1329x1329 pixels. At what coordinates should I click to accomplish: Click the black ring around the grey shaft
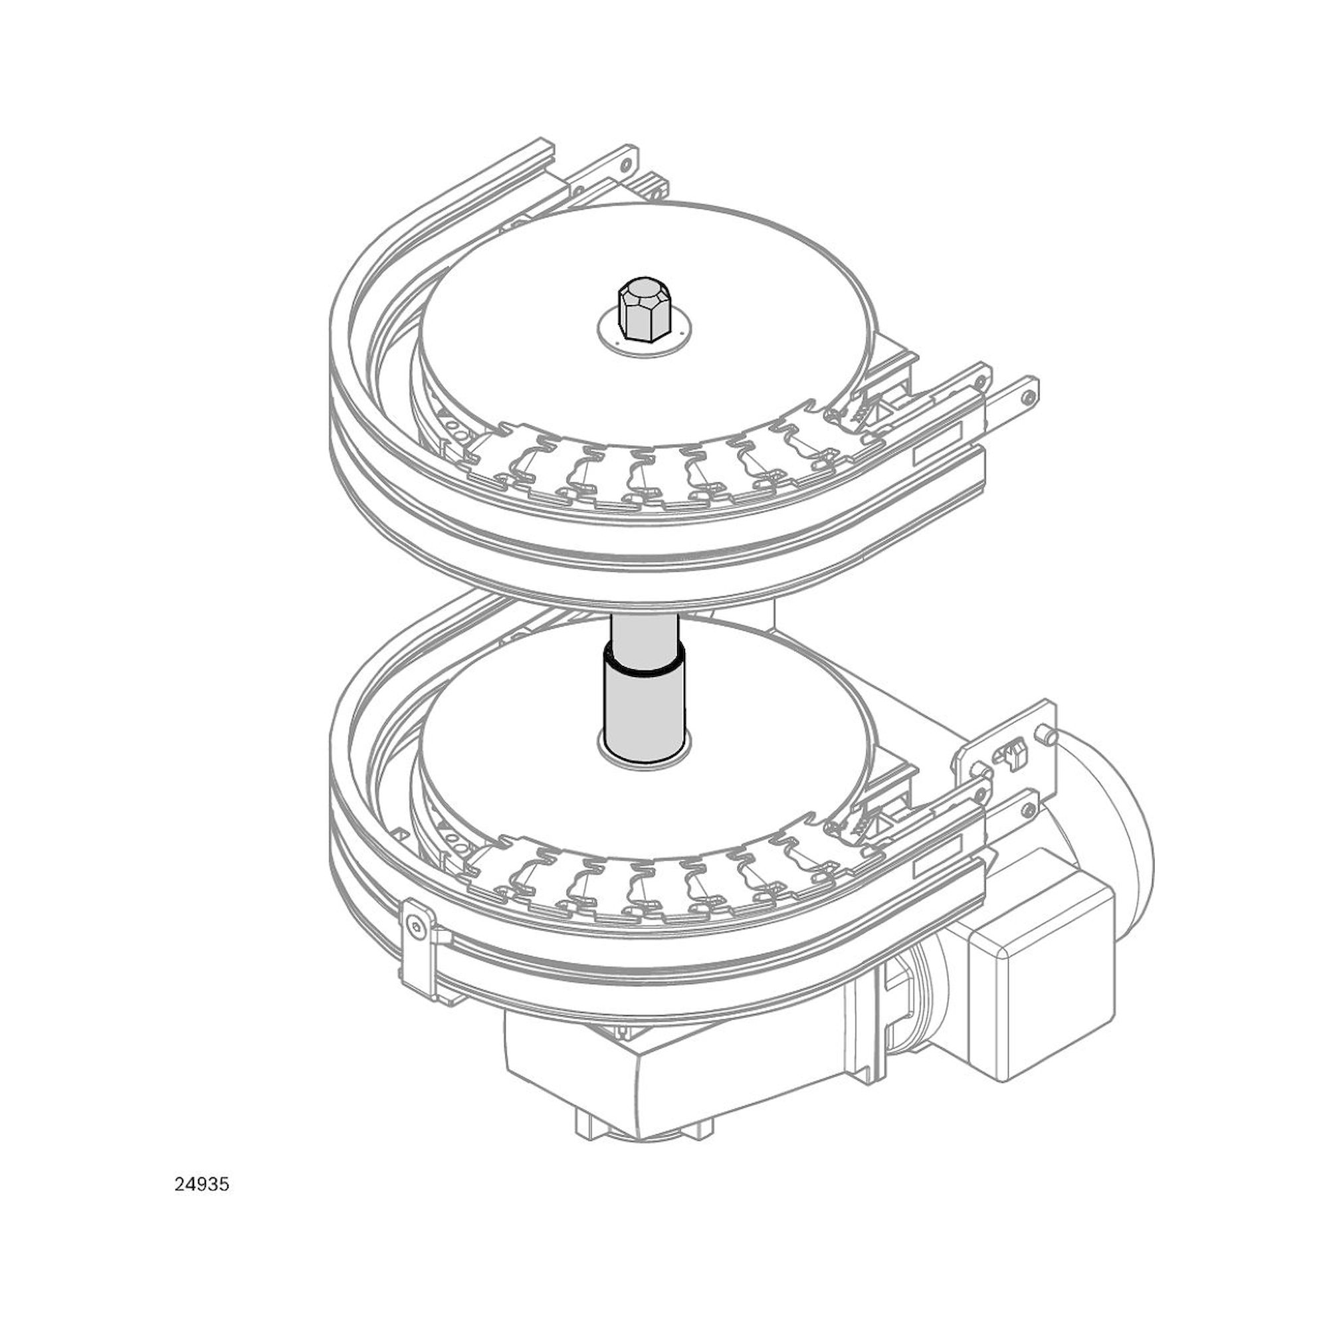(643, 666)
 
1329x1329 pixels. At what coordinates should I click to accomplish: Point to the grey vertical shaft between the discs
(643, 708)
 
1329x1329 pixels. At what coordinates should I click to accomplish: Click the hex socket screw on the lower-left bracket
(415, 926)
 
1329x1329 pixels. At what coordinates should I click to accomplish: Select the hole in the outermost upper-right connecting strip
(1027, 397)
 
